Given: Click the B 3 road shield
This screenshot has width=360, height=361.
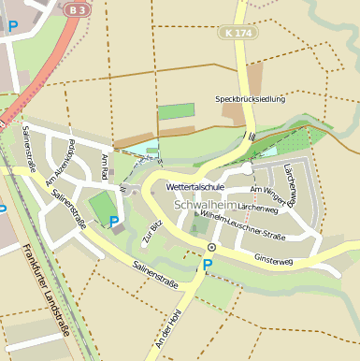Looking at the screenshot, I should pos(79,8).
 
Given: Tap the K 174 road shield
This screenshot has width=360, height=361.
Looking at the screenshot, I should pos(237,33).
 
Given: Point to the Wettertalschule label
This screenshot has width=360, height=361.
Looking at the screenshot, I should pos(195,187).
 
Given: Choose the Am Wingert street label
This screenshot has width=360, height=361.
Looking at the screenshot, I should pos(267,191).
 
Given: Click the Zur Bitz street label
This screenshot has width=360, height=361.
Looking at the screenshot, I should pos(152,231).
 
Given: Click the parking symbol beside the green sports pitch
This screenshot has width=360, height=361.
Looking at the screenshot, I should pos(114,222).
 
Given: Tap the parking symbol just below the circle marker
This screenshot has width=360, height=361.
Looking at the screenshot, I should pos(208,265).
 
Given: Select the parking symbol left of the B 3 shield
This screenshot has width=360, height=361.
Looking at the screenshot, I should pos(13,27).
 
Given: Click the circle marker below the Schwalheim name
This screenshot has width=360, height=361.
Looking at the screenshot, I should pos(211,247).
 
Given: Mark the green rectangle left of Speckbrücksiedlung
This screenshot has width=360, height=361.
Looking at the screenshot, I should pos(176,110).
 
